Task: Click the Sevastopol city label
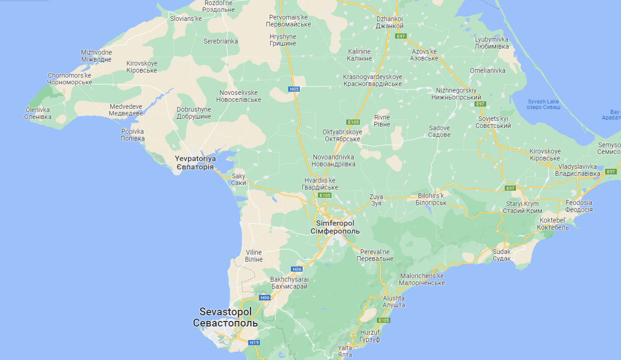tap(225, 317)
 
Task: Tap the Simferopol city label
tap(335, 227)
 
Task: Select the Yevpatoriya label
tap(195, 162)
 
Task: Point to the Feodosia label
tap(579, 206)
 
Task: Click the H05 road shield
tap(293, 89)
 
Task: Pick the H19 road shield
tap(254, 343)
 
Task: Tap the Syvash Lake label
tap(543, 104)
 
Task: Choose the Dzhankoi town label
tap(389, 22)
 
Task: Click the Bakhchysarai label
tap(289, 283)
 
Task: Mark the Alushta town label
tap(394, 301)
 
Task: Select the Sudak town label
tap(502, 255)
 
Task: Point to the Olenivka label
tap(38, 113)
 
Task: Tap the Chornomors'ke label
tap(70, 79)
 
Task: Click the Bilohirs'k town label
tap(431, 199)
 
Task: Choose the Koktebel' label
tap(553, 224)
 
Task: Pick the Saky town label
tap(238, 180)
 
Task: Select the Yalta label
tap(345, 351)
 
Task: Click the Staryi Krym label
tap(523, 207)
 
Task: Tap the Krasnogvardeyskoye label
tap(372, 80)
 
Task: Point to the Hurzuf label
tap(370, 336)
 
